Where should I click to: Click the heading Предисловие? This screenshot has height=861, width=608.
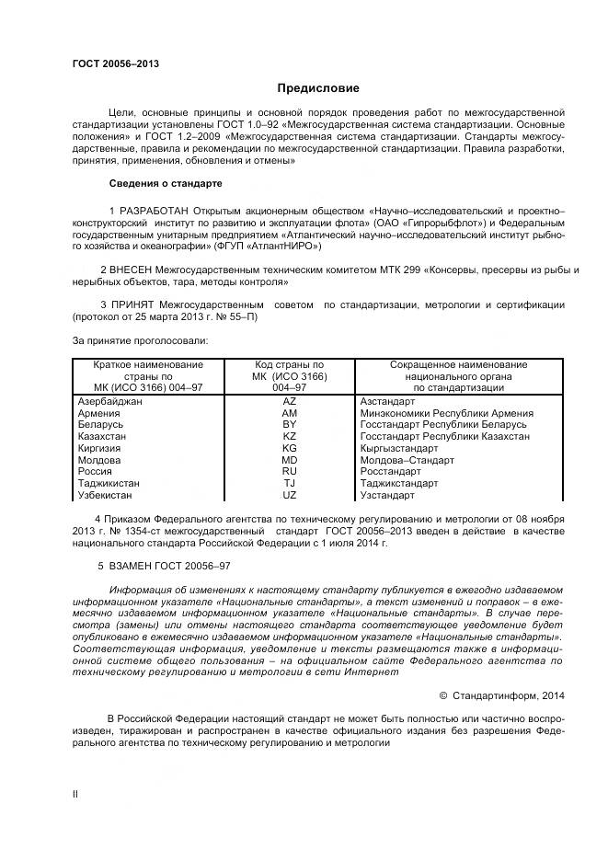318,88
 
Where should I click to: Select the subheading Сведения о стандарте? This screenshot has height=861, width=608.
166,182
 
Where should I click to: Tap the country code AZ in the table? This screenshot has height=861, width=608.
289,402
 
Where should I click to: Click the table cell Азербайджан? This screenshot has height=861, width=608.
110,402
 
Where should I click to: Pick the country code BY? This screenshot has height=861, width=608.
289,425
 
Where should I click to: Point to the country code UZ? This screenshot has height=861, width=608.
289,495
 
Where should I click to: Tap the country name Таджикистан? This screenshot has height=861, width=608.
109,483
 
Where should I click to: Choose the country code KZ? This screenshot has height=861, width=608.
289,436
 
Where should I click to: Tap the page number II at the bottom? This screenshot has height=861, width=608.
76,790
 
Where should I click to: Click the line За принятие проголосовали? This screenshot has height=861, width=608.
140,340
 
